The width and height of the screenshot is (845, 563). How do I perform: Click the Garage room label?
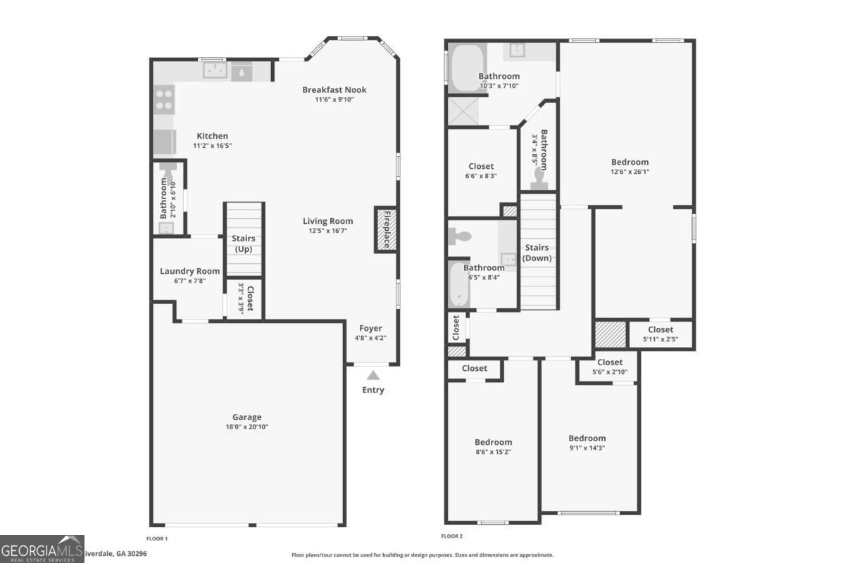tap(246, 417)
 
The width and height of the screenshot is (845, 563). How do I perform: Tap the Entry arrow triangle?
tap(373, 376)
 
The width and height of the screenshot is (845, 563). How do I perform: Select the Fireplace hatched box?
tap(386, 229)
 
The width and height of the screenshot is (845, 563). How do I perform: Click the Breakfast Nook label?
tap(334, 89)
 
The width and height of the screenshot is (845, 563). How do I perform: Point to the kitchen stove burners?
tap(164, 99)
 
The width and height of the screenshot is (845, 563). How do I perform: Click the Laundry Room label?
tap(189, 271)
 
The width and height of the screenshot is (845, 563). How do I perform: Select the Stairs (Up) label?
tap(244, 243)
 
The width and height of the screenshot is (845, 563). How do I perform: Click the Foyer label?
tap(370, 328)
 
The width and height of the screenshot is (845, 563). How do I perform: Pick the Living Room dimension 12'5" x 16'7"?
tap(327, 231)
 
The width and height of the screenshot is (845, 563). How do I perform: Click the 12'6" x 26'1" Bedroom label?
tap(630, 162)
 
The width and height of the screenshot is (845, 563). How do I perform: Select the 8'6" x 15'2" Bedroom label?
tap(493, 442)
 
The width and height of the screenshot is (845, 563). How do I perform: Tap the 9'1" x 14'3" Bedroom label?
tap(587, 438)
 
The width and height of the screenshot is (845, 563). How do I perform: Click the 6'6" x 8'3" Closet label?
tap(481, 166)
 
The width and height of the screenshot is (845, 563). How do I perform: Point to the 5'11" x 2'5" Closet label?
tap(660, 329)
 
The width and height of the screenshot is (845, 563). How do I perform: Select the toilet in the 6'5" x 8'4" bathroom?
tap(458, 236)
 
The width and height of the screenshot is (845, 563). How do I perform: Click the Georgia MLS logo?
tap(42, 548)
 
